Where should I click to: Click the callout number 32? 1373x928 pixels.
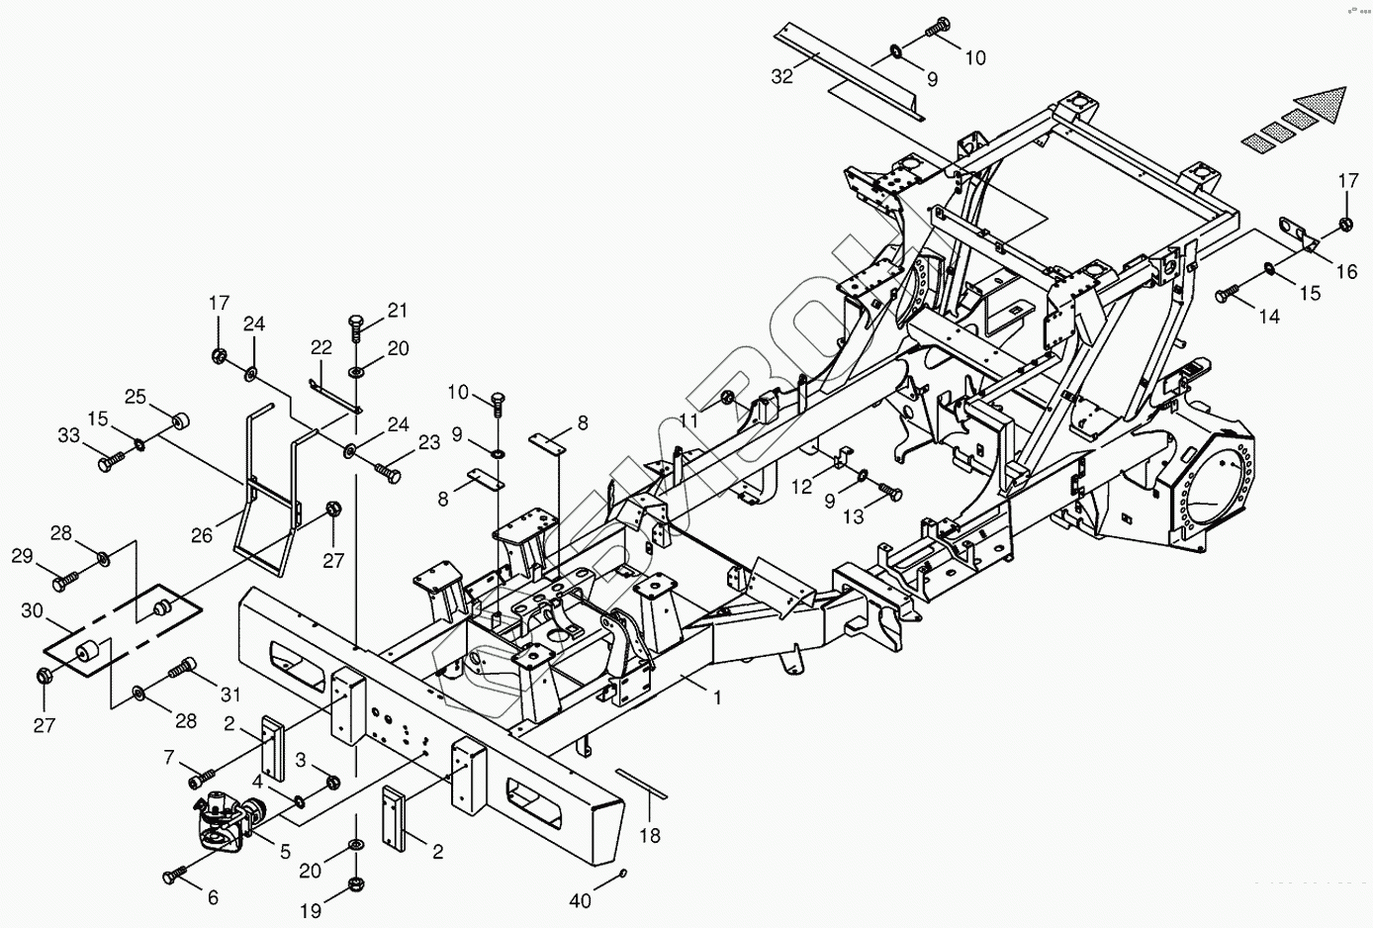click(781, 77)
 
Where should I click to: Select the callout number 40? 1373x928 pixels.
click(582, 900)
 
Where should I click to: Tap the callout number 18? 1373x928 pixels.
click(649, 836)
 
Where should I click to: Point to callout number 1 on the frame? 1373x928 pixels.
click(718, 696)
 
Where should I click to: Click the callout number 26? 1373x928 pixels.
click(202, 536)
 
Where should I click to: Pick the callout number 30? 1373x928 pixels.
click(32, 611)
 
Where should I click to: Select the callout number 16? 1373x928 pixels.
click(1347, 271)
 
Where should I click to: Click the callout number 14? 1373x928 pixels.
click(1269, 317)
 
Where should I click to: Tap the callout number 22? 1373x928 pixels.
click(321, 347)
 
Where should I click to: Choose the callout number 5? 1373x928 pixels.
click(285, 851)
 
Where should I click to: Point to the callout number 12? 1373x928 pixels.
click(800, 487)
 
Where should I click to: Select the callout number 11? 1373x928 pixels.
click(688, 419)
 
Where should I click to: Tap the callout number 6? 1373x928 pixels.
click(213, 898)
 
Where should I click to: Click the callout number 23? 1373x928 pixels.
click(428, 443)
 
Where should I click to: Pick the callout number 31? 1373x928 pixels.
click(229, 693)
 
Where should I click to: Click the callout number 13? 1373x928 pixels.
click(853, 515)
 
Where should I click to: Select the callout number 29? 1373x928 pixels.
click(22, 557)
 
